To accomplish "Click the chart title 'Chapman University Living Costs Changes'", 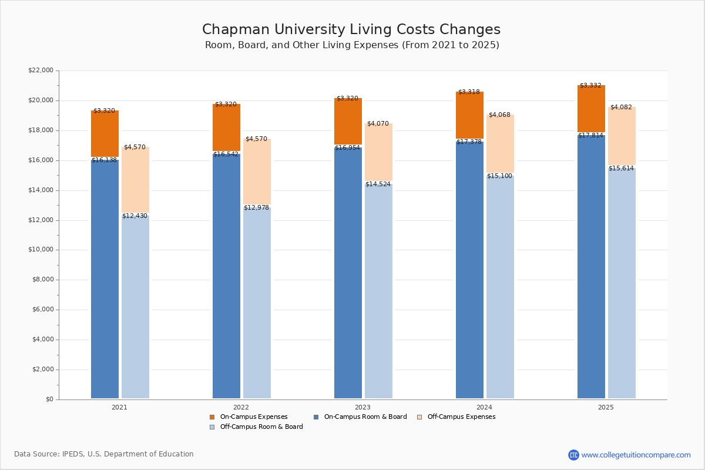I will (x=351, y=30).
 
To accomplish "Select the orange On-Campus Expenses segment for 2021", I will (x=105, y=134).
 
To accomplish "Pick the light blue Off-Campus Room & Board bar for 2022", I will (x=257, y=302).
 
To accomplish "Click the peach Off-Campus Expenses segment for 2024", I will (x=500, y=143).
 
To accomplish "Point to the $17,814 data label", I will (x=590, y=136).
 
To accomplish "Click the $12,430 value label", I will (x=135, y=216).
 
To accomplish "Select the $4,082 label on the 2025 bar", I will (x=621, y=108).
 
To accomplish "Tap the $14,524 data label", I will (x=378, y=184).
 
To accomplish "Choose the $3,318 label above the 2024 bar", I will (x=469, y=92).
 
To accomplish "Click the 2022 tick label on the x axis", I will (x=241, y=407).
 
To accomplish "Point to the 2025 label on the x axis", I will (x=606, y=407).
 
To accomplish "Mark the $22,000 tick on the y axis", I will (x=41, y=70).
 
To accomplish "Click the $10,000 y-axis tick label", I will (x=41, y=250).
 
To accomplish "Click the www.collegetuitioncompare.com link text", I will (x=636, y=455).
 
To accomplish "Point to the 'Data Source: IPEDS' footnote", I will (x=104, y=454).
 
